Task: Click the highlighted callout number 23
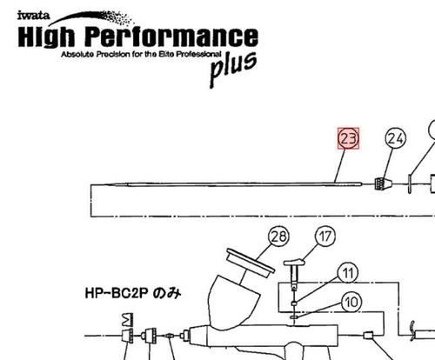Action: pos(348,138)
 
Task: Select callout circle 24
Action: pos(395,138)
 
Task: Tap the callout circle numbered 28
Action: pos(279,237)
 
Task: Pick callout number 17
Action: pos(325,237)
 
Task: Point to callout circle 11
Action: pos(348,273)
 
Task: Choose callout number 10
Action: pos(351,303)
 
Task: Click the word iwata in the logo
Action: pos(33,16)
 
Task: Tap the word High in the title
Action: pos(46,37)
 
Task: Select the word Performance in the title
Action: pos(171,37)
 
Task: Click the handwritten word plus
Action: pos(233,69)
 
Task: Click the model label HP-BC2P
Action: pos(117,293)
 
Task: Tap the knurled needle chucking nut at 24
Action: pos(384,183)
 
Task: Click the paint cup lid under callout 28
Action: pos(251,261)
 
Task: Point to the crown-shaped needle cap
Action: pos(128,320)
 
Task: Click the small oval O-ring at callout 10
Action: pos(294,317)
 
